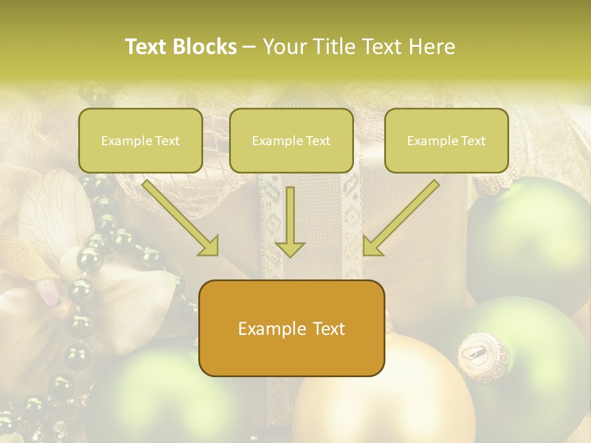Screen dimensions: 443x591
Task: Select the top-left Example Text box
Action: pos(140,140)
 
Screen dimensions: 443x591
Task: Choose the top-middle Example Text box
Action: pos(291,140)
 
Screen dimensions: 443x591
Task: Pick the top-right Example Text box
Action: pos(446,140)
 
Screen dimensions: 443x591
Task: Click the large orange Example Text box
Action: pos(291,328)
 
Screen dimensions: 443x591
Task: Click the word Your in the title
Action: pos(281,47)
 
